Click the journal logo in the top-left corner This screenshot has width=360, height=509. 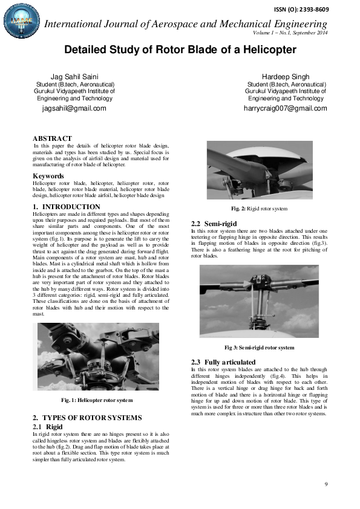[19, 22]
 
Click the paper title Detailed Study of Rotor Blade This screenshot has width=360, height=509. [180, 50]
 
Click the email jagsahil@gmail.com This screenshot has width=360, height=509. [74, 109]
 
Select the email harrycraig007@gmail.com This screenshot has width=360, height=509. [285, 109]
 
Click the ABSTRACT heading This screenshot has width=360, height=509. [52, 138]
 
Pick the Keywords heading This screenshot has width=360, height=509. [48, 176]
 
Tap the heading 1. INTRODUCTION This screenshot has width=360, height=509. [67, 207]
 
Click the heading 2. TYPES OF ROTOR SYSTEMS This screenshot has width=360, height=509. [87, 418]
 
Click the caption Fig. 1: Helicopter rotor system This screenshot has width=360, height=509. [97, 400]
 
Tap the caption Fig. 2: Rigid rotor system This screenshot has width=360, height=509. [259, 209]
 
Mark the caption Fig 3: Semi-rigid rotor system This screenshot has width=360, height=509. [259, 348]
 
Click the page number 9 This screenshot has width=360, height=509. [326, 484]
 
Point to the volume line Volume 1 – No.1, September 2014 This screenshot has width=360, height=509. [290, 32]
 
